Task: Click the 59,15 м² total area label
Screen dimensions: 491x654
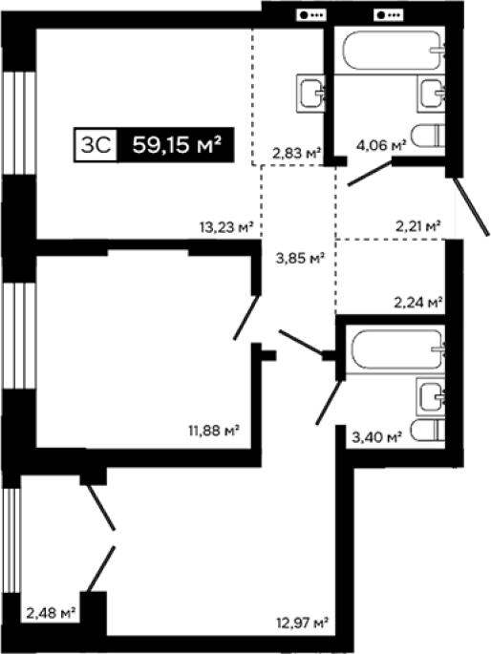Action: click(176, 145)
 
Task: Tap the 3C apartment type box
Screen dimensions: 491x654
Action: click(96, 145)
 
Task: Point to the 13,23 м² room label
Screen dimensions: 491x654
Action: click(226, 227)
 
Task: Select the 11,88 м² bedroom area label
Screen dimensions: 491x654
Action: click(214, 430)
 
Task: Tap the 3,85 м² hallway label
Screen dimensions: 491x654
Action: click(300, 259)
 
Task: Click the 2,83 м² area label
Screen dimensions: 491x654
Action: click(297, 153)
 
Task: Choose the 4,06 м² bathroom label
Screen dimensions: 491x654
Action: click(381, 145)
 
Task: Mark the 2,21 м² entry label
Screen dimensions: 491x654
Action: click(418, 226)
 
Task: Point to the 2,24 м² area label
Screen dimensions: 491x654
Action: click(418, 302)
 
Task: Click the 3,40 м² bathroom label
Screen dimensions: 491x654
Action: click(377, 437)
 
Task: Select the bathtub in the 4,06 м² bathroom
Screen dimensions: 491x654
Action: click(393, 51)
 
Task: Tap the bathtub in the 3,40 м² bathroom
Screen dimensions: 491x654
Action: click(396, 349)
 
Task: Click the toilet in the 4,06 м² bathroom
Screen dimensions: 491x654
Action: click(428, 136)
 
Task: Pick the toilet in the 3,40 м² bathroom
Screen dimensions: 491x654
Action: click(428, 431)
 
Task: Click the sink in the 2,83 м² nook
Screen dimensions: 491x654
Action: click(310, 94)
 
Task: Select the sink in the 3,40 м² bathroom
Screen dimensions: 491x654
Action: click(431, 396)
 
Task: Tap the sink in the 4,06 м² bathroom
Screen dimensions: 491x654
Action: click(432, 94)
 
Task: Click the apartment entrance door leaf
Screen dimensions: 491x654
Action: click(471, 206)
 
